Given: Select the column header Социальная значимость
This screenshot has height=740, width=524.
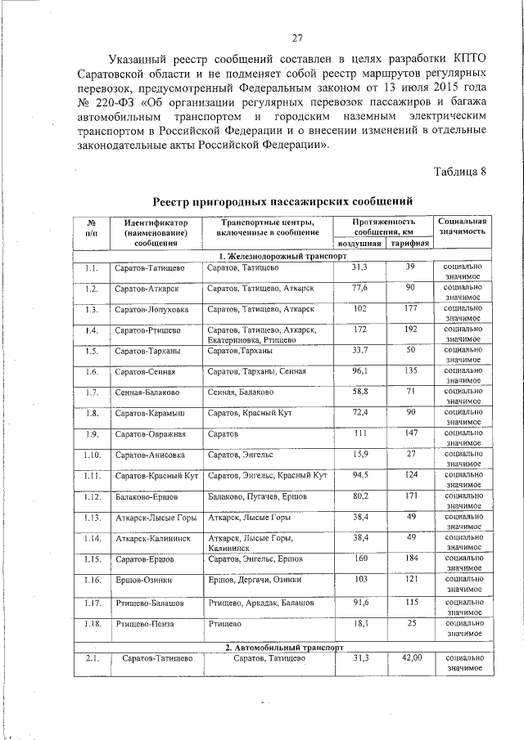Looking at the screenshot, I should (x=463, y=226).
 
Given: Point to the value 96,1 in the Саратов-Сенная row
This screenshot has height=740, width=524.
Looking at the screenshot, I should (x=359, y=371).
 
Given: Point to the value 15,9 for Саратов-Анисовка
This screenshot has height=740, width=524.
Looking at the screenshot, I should (x=359, y=454).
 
